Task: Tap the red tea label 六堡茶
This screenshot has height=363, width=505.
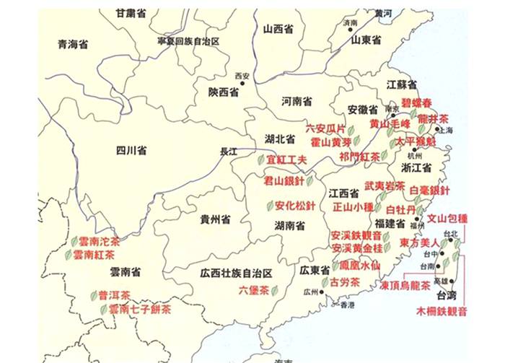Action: tap(253, 290)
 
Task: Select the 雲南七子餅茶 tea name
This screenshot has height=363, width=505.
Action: tap(141, 310)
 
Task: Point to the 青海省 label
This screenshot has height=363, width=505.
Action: tap(72, 44)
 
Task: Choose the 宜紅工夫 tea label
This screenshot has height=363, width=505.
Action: tap(288, 159)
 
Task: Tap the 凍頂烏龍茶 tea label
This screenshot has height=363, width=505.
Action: tap(409, 286)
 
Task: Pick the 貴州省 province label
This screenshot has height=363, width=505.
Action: tap(215, 218)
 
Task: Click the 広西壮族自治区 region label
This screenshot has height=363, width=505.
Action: tap(237, 273)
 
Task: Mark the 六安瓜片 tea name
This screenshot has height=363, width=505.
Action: tap(325, 128)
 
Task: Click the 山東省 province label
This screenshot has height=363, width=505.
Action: tap(366, 40)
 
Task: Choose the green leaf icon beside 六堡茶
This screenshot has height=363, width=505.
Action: tap(274, 291)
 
